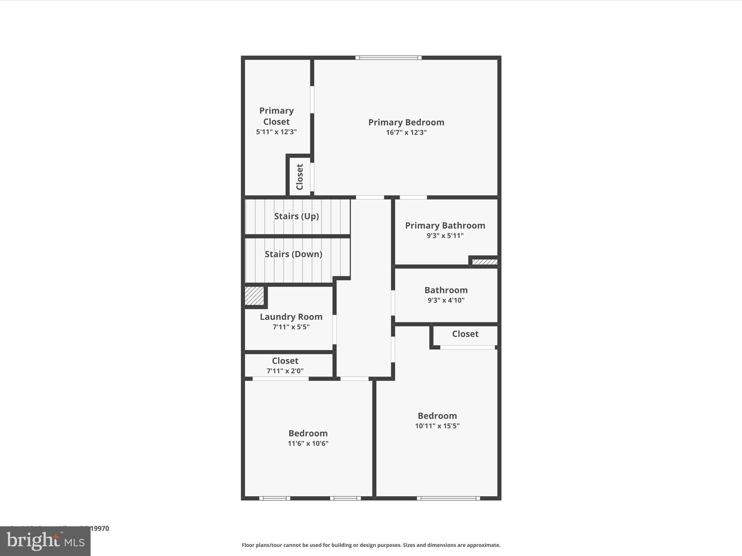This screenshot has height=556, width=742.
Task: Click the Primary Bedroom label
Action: click(406, 122)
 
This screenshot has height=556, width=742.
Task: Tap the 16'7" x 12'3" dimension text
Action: click(406, 132)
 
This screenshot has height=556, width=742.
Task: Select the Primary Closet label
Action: click(276, 116)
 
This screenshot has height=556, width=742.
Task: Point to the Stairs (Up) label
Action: click(296, 216)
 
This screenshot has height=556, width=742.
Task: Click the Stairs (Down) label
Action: click(293, 254)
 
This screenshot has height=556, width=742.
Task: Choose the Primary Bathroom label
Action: click(445, 226)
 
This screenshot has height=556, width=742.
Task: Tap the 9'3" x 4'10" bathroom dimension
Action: click(446, 300)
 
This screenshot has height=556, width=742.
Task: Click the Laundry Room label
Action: click(291, 317)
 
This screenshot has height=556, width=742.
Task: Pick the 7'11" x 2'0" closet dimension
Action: click(285, 371)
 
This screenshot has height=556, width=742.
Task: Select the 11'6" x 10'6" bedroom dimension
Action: click(308, 443)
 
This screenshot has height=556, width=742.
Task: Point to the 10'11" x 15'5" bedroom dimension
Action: click(437, 426)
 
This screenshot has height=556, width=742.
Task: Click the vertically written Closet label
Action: click(300, 177)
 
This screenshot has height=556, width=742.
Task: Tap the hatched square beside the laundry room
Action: click(254, 296)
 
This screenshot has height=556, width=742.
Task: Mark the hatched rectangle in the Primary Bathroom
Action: click(484, 262)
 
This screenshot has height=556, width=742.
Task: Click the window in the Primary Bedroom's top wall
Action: click(388, 58)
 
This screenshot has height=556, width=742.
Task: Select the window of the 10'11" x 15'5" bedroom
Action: click(448, 498)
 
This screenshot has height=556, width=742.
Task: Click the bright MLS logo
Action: click(45, 541)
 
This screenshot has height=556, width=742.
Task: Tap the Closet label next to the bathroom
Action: click(465, 334)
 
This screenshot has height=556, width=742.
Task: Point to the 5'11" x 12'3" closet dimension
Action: click(276, 132)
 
